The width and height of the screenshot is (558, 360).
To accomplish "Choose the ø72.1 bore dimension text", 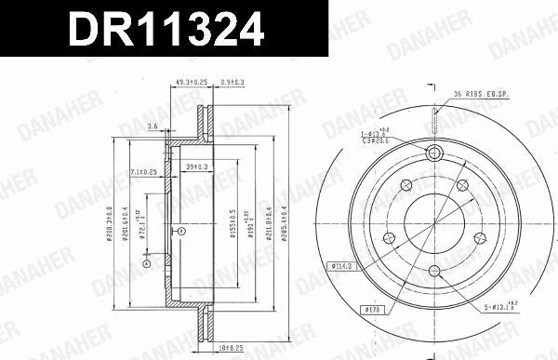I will (142, 223).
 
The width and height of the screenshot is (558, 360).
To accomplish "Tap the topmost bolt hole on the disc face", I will (433, 154).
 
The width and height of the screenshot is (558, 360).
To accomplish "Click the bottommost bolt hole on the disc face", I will (433, 271).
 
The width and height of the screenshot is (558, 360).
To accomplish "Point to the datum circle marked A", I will (147, 264).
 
